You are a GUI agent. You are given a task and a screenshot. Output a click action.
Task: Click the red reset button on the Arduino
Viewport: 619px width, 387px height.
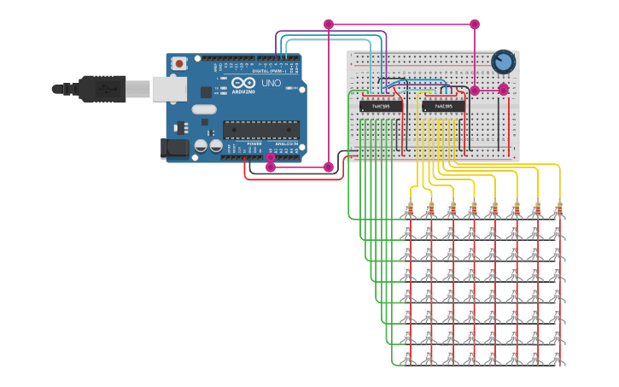(179, 63)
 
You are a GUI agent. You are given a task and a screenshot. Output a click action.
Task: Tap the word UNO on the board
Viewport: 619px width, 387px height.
(271, 84)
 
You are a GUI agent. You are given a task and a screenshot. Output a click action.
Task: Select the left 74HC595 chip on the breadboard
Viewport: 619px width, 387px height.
(381, 106)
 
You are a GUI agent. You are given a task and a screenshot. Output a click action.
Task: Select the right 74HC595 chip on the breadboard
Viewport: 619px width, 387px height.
(443, 106)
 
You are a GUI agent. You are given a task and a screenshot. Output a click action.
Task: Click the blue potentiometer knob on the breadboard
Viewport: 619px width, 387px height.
(504, 62)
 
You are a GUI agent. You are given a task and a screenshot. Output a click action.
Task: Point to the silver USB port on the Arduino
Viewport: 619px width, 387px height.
(169, 89)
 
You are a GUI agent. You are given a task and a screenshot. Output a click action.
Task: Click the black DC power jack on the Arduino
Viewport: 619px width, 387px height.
(174, 148)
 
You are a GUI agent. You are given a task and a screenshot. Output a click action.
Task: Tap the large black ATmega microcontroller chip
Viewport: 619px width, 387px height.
(260, 130)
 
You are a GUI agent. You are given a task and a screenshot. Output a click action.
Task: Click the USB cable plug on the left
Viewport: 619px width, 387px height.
(102, 88)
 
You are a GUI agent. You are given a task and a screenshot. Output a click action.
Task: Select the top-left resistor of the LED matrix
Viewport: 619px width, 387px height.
(409, 208)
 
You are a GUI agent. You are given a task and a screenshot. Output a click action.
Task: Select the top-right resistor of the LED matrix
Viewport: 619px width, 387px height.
(558, 208)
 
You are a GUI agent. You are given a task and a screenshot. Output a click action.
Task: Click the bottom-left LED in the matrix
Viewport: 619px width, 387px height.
(408, 355)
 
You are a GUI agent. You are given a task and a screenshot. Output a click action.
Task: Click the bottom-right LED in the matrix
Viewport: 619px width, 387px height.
(558, 355)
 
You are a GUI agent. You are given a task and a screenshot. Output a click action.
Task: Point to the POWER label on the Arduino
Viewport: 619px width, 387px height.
(254, 144)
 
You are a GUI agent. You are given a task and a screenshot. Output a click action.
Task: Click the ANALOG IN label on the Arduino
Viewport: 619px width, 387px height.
(286, 144)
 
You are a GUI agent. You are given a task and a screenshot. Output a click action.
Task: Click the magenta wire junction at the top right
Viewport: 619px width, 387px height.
(475, 25)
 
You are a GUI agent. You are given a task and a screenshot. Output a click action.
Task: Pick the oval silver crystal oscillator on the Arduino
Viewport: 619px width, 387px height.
(204, 108)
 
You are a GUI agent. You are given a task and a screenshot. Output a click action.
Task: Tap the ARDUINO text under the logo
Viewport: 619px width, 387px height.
(244, 91)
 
